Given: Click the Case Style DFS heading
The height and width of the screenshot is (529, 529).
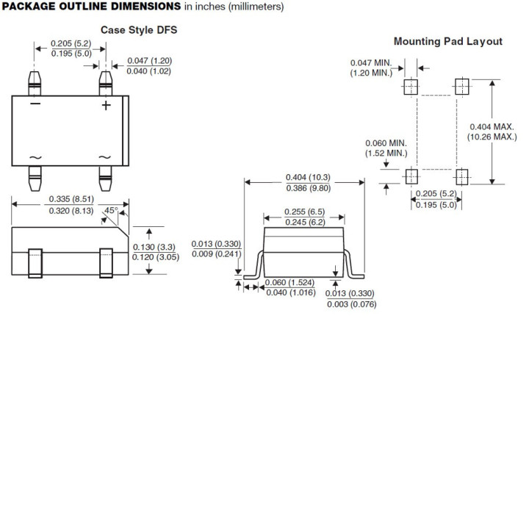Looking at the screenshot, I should pos(139,30).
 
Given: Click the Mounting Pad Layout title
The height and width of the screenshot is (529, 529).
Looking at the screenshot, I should pos(448,41).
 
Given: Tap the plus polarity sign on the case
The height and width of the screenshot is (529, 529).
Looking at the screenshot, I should pos(106,105).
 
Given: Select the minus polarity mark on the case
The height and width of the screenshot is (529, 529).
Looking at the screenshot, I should pos(35,104).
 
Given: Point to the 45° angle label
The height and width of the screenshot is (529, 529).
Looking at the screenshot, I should pos(110,211).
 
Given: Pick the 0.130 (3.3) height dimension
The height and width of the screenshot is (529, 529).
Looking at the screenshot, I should pos(154,247).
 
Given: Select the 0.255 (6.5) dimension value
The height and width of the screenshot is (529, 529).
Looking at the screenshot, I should pos(304,212).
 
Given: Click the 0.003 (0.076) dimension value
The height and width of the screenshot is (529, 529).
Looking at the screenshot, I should pos(350,304).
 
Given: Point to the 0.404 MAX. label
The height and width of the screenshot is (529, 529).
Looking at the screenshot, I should pos(492,126).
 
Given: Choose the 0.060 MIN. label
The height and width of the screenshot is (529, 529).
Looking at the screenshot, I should pos(386,143).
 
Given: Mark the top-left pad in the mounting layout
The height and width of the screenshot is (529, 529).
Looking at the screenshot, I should pos(411,87).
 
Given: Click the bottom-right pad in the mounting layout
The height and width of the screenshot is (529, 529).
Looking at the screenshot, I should pos(461,176).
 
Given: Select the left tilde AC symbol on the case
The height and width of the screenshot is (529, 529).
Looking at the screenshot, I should pos(35,158).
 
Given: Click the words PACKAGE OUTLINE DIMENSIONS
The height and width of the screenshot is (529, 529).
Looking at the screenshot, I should pos(92,7).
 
